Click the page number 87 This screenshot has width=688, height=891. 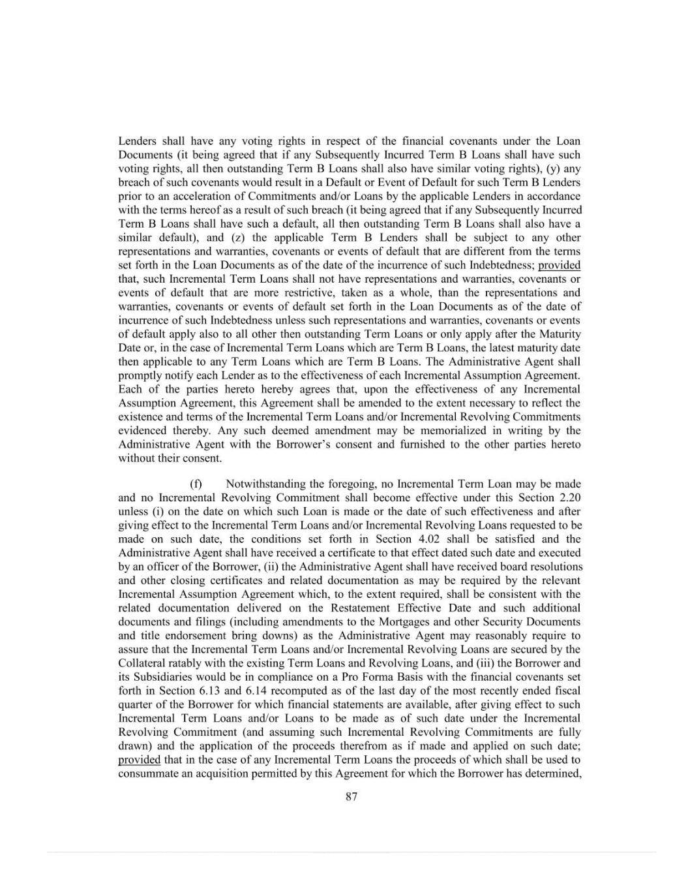[x=351, y=796]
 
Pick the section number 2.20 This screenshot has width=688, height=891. [x=567, y=498]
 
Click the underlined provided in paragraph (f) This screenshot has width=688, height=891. [x=139, y=760]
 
